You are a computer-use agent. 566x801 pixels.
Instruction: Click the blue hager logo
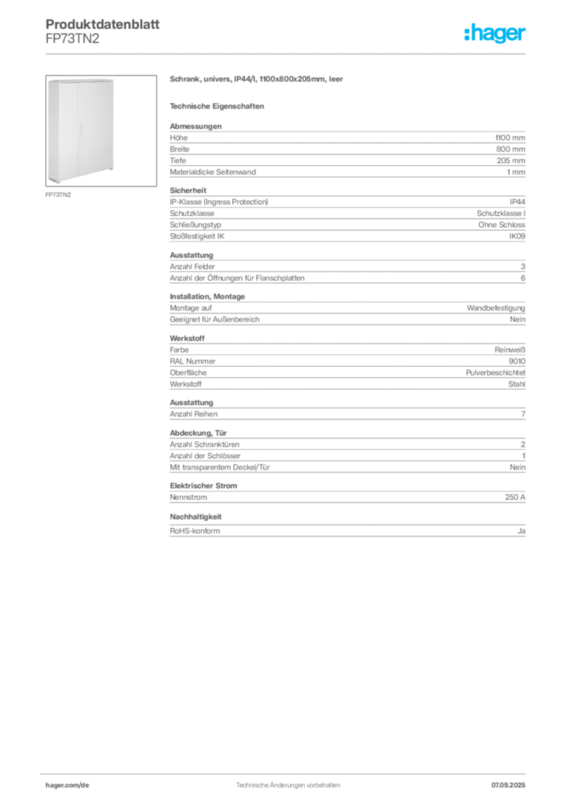pos(496,34)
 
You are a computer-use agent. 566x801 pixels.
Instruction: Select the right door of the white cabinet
pos(97,129)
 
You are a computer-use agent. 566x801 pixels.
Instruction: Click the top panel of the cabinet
pos(82,79)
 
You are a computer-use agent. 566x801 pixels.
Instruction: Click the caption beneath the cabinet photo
pos(59,196)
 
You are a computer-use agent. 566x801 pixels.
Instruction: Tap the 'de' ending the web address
pos(86,784)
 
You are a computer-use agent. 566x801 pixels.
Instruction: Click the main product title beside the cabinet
pos(257,79)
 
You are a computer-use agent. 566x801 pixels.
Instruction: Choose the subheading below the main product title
pos(218,105)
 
